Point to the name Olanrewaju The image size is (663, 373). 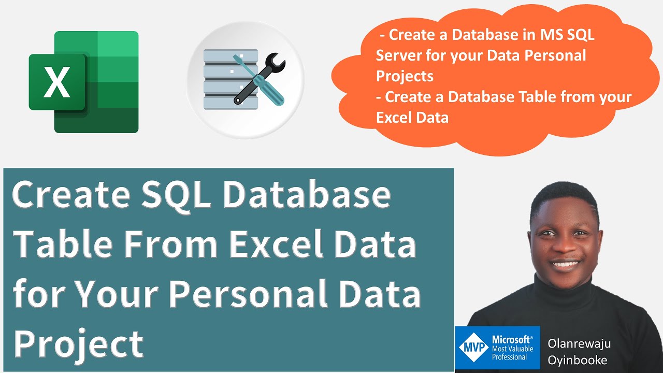(x=579, y=344)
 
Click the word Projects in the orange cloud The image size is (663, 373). (x=405, y=76)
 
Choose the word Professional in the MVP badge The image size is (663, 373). (x=509, y=357)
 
